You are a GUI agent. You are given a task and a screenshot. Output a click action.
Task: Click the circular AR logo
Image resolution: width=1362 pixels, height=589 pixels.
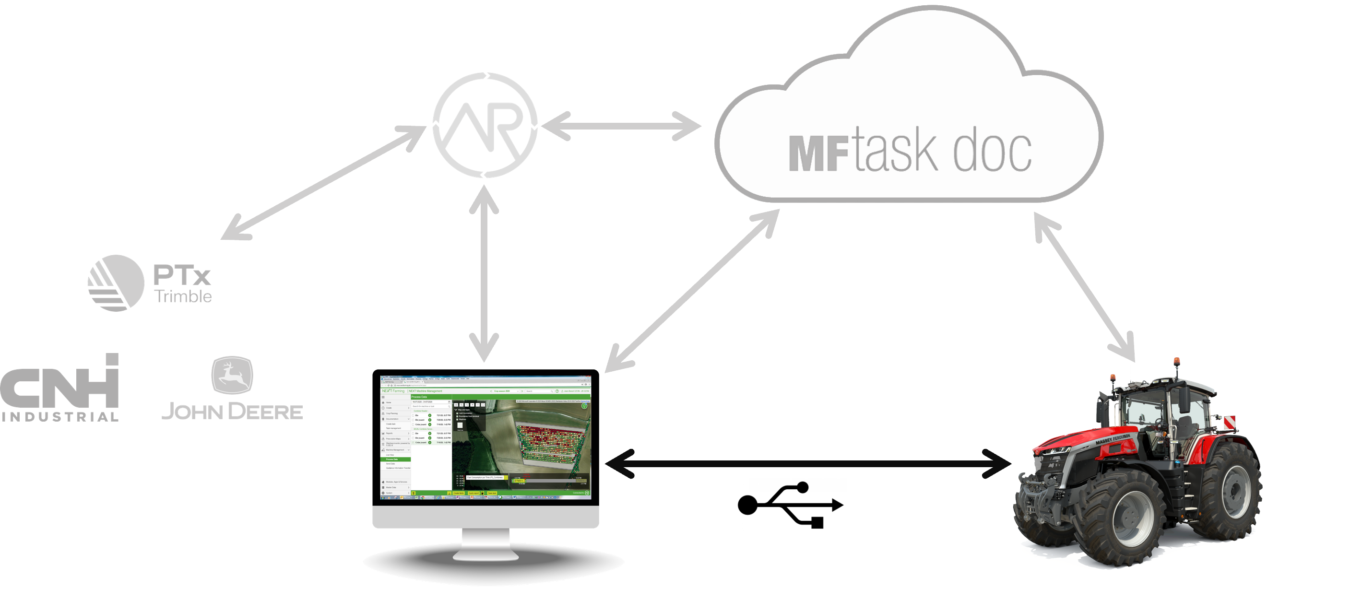coord(485,125)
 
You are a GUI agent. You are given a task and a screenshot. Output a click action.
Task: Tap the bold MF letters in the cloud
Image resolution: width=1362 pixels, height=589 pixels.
coord(818,154)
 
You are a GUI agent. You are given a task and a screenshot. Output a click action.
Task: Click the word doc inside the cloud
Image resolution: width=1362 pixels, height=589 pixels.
coord(992,151)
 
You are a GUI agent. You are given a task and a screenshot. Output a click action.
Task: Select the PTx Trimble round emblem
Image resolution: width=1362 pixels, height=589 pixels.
coord(116,283)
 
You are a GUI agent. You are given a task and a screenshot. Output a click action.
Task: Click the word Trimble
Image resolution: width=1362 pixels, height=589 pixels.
coord(183,296)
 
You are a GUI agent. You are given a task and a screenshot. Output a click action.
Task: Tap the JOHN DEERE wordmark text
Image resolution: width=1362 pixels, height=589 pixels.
coord(232,412)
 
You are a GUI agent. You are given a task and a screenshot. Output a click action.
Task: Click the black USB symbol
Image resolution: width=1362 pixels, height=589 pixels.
coord(790,505)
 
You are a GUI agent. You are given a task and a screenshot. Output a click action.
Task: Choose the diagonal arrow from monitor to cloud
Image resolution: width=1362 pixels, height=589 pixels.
coord(693,290)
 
